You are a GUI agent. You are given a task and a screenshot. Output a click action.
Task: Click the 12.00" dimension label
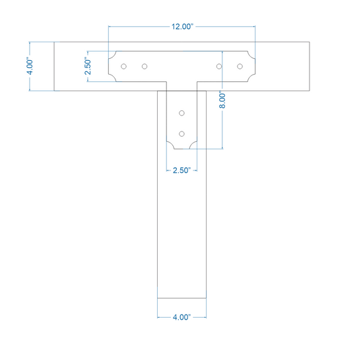click(182, 26)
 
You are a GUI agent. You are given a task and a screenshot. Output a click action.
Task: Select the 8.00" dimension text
click(222, 101)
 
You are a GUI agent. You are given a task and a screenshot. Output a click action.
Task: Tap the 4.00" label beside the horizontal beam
click(30, 67)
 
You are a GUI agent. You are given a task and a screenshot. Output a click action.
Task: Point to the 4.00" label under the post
click(181, 317)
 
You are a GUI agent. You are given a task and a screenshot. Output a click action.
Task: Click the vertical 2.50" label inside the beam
click(88, 66)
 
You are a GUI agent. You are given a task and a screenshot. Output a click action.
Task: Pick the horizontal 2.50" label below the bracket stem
click(181, 170)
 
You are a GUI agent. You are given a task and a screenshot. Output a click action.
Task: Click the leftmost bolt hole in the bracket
click(123, 67)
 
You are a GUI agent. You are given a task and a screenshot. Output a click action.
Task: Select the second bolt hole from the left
click(145, 67)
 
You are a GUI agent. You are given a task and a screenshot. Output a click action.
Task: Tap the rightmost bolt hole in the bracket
click(240, 67)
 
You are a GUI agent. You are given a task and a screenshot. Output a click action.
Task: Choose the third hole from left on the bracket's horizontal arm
click(219, 67)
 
